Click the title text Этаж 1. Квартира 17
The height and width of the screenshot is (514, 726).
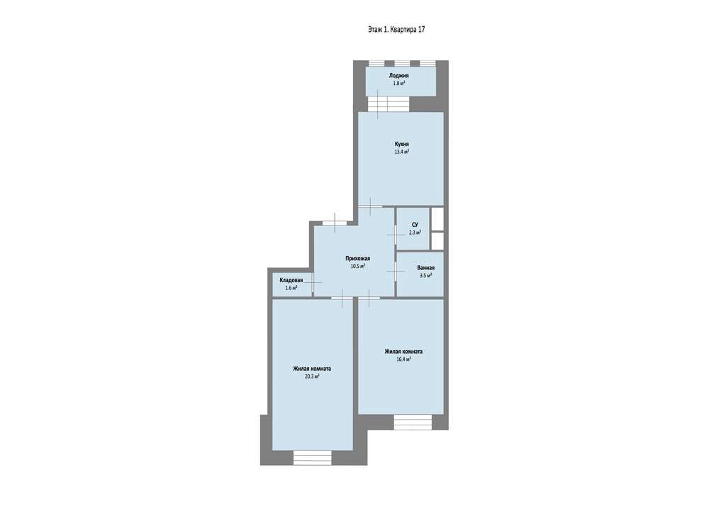[x=396, y=29]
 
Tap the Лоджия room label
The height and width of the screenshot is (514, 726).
[x=398, y=75]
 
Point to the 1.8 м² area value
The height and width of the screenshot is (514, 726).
[x=399, y=84]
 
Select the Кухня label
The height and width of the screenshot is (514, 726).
[x=401, y=144]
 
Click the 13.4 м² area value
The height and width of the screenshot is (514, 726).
[x=401, y=152]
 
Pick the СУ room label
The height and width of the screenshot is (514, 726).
[x=415, y=225]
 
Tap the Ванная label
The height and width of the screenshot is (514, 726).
[x=426, y=268]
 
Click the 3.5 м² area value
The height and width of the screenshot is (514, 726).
[x=426, y=275]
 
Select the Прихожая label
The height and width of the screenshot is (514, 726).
[x=357, y=258]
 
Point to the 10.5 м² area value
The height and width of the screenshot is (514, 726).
[x=358, y=266]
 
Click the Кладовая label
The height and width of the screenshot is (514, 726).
[x=291, y=280]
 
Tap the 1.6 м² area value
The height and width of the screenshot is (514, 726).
[x=291, y=288]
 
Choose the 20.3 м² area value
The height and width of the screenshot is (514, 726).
[x=312, y=376]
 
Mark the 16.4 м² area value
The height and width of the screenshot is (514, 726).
[x=403, y=359]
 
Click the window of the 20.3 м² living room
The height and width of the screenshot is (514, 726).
[x=313, y=457]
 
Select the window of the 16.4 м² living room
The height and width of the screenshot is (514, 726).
[x=413, y=421]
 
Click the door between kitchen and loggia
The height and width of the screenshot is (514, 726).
[x=379, y=104]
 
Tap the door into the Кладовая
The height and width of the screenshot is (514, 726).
[x=313, y=281]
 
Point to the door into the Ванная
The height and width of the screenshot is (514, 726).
[x=396, y=272]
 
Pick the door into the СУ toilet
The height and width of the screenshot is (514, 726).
[x=396, y=234]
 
